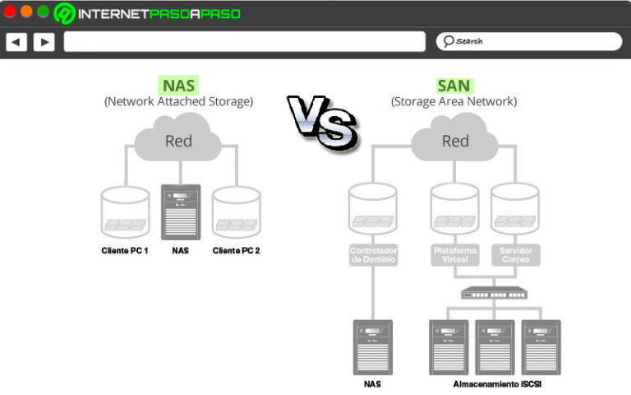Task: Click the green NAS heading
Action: [x=179, y=85]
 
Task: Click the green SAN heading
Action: [x=454, y=85]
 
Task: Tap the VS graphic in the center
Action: [x=321, y=123]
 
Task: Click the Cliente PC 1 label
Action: [x=125, y=250]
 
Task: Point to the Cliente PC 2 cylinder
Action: [x=237, y=211]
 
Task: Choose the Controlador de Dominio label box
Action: [x=374, y=254]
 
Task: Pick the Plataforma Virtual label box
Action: [x=455, y=254]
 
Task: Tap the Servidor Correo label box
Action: [x=514, y=254]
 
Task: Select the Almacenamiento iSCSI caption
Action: [x=495, y=384]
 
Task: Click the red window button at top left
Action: [x=10, y=12]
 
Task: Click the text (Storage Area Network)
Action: [x=454, y=102]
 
